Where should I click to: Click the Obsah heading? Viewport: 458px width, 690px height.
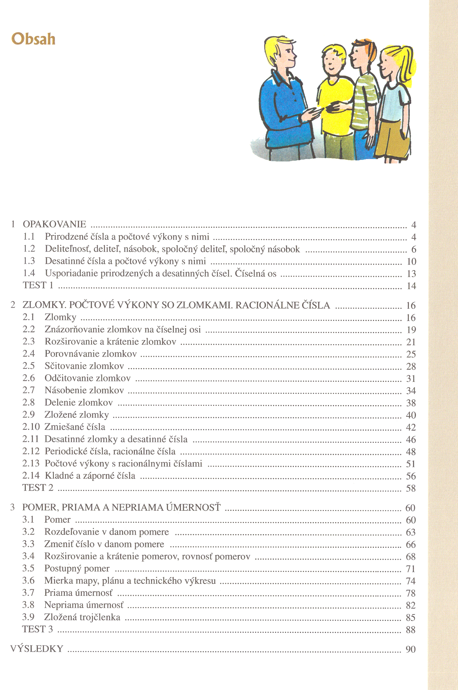(x=33, y=39)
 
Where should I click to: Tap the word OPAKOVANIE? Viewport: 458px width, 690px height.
(x=54, y=224)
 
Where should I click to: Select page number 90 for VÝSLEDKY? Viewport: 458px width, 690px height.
(x=410, y=649)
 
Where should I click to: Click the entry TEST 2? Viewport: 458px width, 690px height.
(x=38, y=488)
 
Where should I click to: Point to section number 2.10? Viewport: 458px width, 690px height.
(x=31, y=427)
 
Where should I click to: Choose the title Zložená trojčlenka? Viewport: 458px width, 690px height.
(x=82, y=617)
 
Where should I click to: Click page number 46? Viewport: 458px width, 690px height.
(x=411, y=439)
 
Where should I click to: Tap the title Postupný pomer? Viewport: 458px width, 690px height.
(x=77, y=568)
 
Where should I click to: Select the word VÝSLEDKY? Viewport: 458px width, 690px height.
(x=37, y=649)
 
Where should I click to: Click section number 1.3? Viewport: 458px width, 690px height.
(x=29, y=261)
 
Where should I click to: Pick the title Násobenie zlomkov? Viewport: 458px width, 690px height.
(x=84, y=390)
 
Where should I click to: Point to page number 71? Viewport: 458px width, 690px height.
(x=410, y=569)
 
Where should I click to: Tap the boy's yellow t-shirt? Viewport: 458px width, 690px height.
(x=334, y=104)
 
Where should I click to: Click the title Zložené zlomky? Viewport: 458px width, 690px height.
(x=77, y=415)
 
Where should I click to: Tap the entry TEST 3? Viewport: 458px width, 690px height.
(x=37, y=629)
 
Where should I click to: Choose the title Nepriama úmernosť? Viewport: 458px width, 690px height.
(x=84, y=605)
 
